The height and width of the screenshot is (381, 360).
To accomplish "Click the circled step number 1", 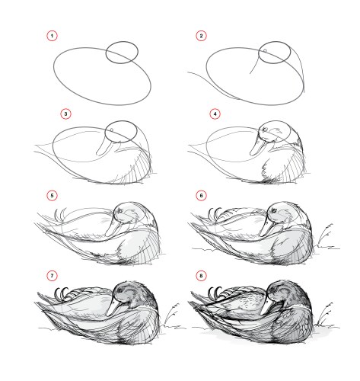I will (x=52, y=36).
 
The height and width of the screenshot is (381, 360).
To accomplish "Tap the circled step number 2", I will (x=202, y=36).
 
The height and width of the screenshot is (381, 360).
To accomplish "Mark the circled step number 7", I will (x=52, y=274).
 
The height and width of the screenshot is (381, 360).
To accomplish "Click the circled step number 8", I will (x=202, y=274).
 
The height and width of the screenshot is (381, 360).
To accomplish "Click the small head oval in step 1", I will (x=120, y=53).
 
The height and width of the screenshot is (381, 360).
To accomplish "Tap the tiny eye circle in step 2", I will (x=264, y=51).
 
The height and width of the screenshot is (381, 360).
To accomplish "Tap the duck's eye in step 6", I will (x=271, y=213).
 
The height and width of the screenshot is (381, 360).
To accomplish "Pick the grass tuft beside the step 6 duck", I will (x=328, y=235).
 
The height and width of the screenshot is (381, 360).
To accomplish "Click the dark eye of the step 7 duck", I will (x=122, y=293).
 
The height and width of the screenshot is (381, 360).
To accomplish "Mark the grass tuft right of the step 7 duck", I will (x=174, y=312).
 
